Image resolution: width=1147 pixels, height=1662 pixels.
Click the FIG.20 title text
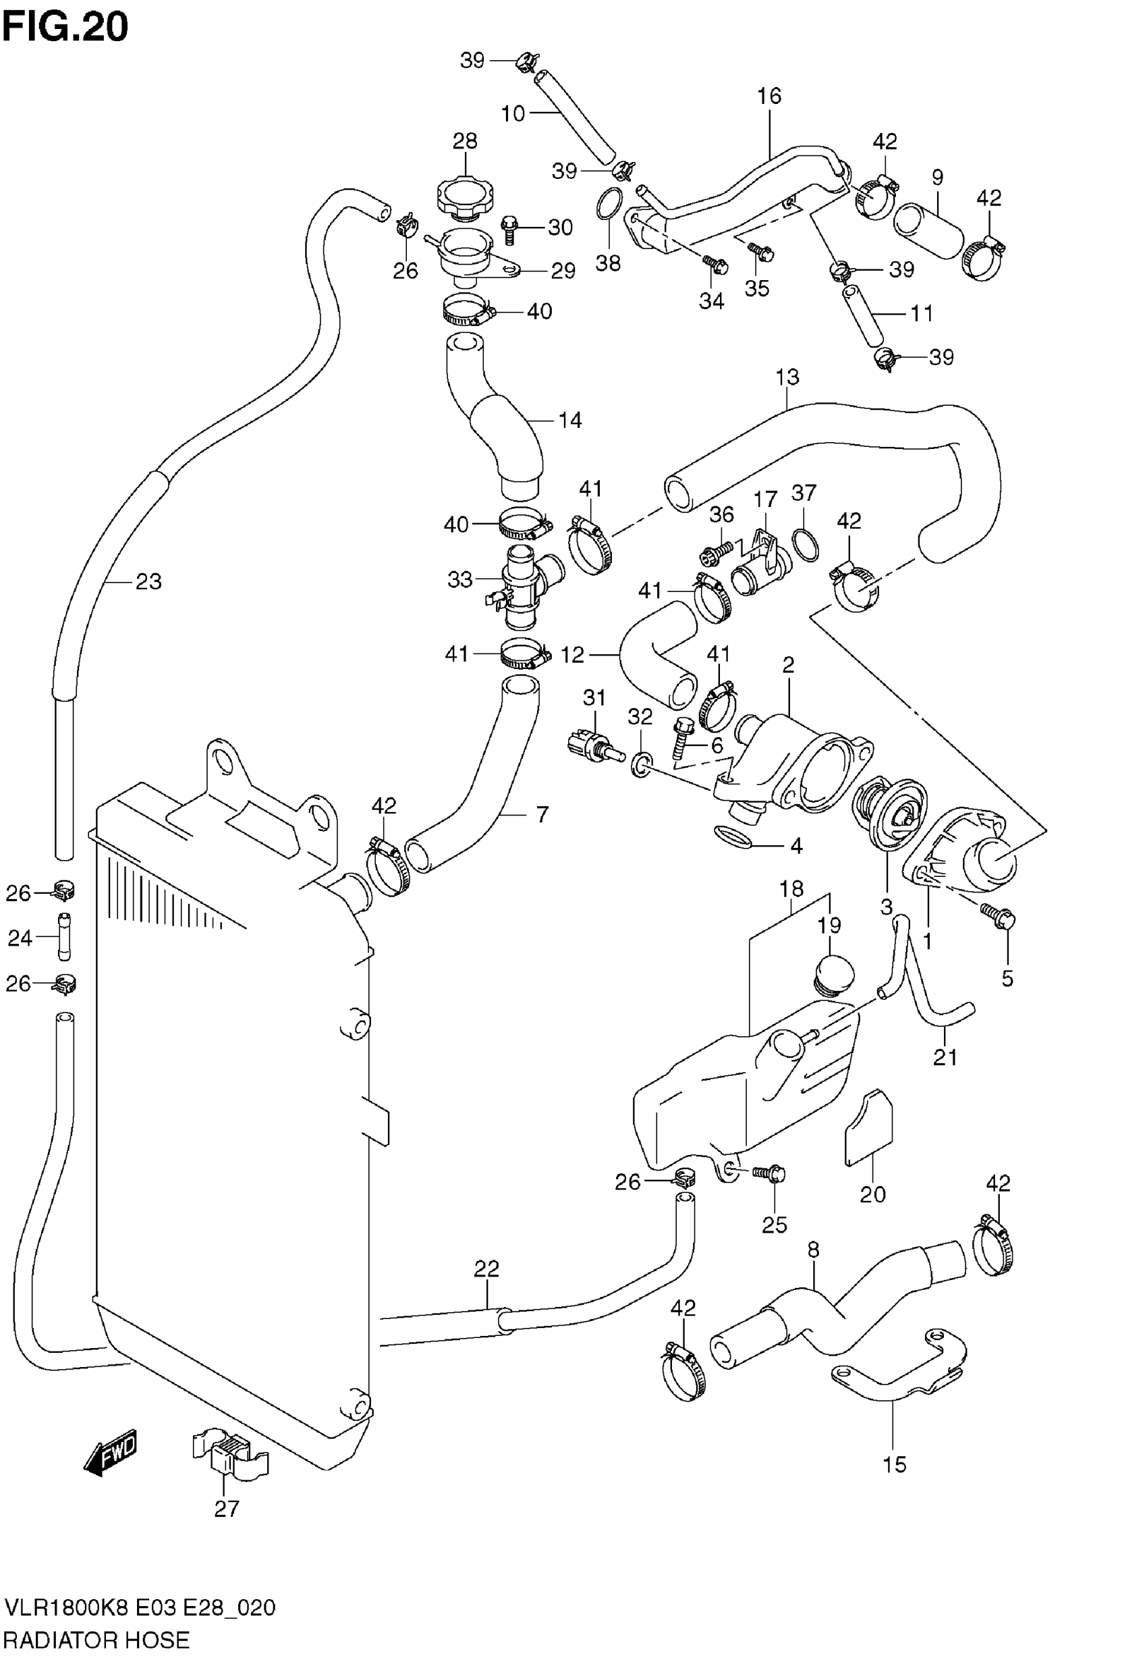[65, 26]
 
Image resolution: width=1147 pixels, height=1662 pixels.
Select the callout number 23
[148, 581]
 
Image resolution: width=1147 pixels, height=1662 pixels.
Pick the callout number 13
[787, 377]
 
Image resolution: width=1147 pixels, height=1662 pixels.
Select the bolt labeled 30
[509, 229]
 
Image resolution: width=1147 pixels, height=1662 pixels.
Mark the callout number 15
[894, 1464]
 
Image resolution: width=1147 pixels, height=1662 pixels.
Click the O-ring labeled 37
[805, 545]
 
